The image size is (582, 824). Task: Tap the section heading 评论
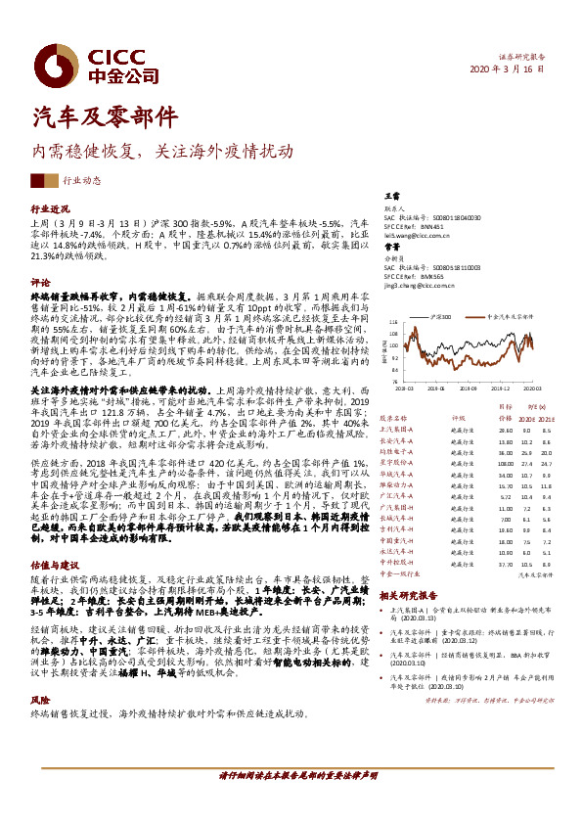point(41,282)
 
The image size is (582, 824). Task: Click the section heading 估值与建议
point(55,592)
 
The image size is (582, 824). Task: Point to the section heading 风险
point(41,700)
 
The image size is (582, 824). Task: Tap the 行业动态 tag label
point(84,181)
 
